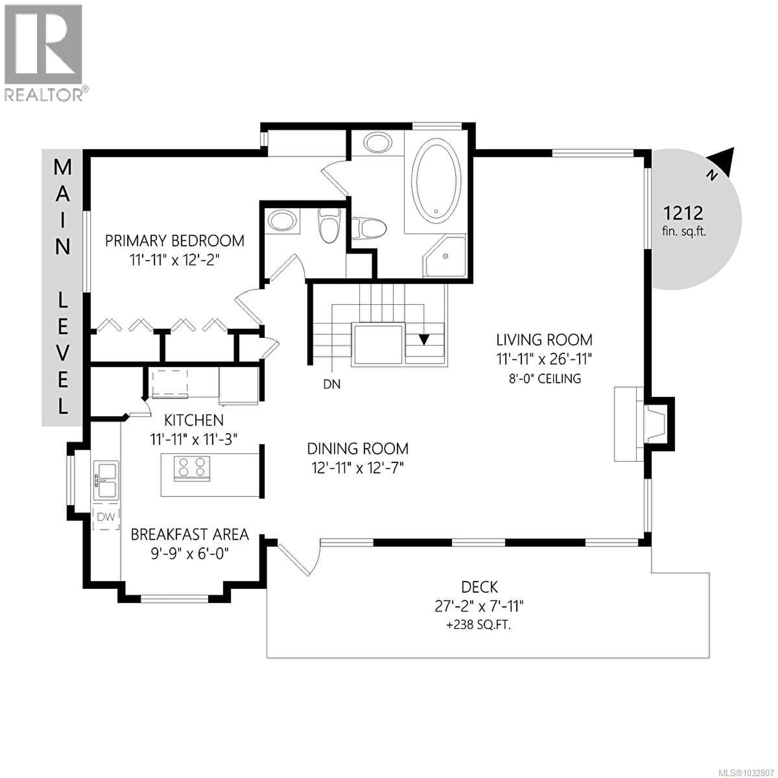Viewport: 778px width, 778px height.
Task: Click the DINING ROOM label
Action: pos(358,449)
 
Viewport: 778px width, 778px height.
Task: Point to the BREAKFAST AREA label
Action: pos(190,534)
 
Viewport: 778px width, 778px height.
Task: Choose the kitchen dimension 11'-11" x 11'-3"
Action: pos(194,439)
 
